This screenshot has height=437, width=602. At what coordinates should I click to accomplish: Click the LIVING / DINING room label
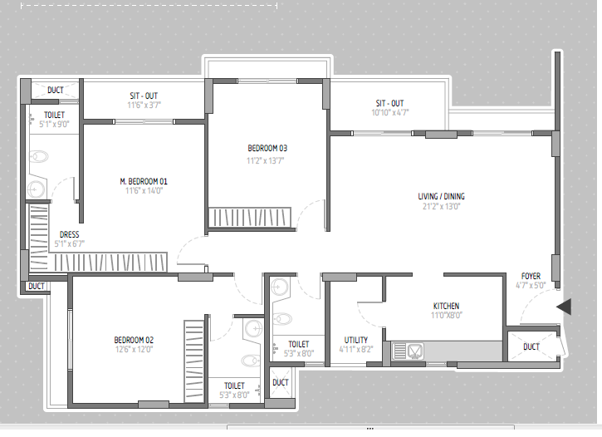[x=441, y=196]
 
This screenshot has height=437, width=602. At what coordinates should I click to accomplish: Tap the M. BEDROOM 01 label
[x=144, y=181]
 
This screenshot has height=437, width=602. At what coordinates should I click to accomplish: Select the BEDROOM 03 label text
[x=267, y=148]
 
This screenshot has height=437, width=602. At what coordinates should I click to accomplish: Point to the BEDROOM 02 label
[x=134, y=340]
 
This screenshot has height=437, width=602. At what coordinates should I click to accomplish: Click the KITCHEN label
[x=446, y=306]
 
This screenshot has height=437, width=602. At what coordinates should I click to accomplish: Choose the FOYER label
[x=531, y=276]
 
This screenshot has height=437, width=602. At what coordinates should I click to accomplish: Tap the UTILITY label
[x=356, y=340]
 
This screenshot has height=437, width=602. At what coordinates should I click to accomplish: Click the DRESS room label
[x=70, y=234]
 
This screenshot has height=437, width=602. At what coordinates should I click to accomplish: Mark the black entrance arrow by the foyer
[x=564, y=307]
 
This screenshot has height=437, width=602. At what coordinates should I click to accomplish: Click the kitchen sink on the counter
[x=408, y=351]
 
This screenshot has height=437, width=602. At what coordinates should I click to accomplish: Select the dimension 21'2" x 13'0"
[x=441, y=206]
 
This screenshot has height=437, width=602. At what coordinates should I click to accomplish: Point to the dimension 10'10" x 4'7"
[x=389, y=112]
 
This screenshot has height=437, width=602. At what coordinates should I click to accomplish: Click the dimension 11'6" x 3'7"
[x=144, y=105]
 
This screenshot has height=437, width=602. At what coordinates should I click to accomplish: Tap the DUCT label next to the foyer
[x=531, y=346]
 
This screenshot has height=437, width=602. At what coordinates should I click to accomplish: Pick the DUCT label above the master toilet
[x=56, y=90]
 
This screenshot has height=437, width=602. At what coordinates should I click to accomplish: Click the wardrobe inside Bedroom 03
[x=250, y=218]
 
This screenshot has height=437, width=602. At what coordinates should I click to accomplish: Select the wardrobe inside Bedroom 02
[x=193, y=361]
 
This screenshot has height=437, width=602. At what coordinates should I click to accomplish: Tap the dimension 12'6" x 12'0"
[x=134, y=350]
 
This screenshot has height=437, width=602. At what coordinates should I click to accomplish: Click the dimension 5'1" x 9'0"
[x=54, y=124]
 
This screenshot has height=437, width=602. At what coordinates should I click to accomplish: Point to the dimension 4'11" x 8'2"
[x=356, y=350]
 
